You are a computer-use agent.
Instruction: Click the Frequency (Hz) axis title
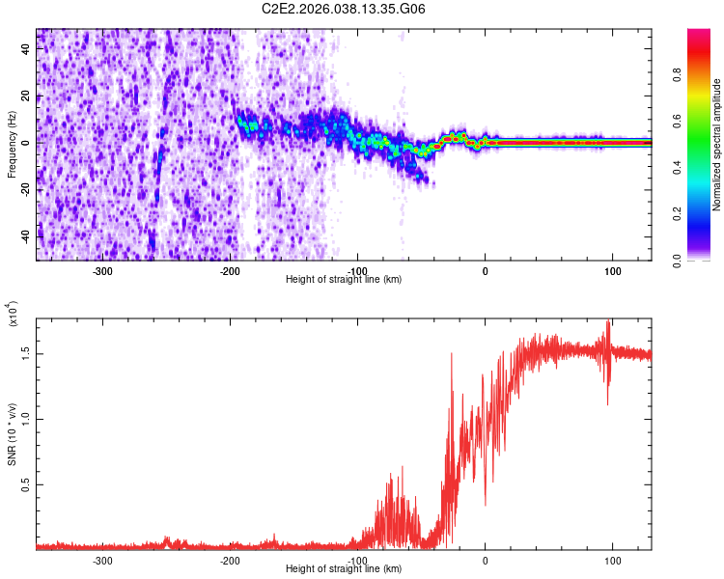coord(12,145)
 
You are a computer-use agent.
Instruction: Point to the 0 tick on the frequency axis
coord(27,143)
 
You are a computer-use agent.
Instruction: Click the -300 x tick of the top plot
coord(103,271)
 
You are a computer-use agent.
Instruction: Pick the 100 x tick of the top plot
coord(612,271)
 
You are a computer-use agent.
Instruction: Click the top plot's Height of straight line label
coord(344,280)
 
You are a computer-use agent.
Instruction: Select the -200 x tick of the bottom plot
coord(230,562)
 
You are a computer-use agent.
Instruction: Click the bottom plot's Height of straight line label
coord(344,570)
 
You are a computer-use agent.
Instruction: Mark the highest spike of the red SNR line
coord(608,320)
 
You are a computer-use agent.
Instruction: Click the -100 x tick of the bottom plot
coord(357,562)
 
